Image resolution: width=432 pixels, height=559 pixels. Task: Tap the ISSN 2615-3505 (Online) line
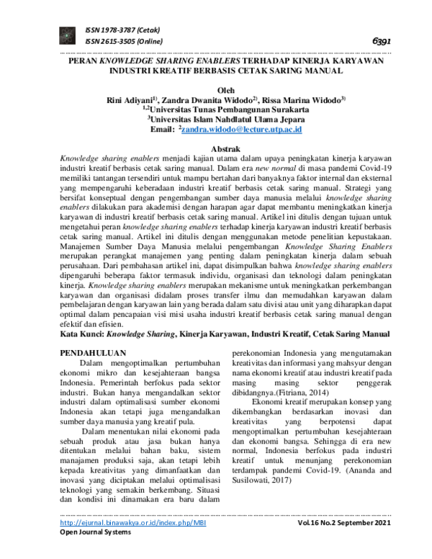(x=123, y=42)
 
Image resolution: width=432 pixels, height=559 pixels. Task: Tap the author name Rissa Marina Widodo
(x=303, y=99)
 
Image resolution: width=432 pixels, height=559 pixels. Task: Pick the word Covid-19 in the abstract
(x=357, y=166)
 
